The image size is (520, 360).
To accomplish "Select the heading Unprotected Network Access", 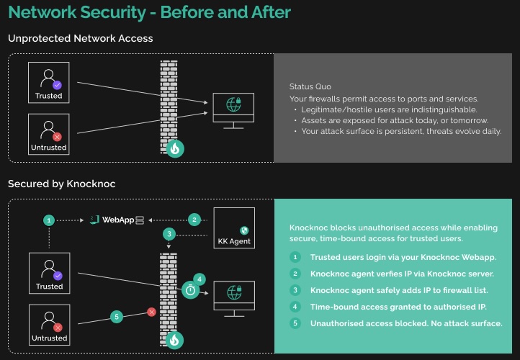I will pos(80,38).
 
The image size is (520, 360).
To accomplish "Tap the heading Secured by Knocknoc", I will pos(61,184).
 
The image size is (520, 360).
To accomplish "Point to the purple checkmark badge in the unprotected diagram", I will pos(58,84).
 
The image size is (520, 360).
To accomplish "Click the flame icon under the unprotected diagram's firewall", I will pos(174,148).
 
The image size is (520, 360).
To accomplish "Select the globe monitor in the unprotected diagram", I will pos(233,109).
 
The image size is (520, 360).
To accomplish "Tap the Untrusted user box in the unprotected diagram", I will pos(49,133).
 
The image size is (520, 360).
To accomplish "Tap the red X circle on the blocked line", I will pos(151,312).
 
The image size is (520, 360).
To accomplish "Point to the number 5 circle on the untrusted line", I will pos(115,316).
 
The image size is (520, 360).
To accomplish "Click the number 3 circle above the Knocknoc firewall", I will pos(169,234).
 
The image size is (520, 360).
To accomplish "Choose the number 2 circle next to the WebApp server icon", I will pos(193,219).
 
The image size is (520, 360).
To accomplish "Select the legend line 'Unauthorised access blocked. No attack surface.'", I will pos(406,323).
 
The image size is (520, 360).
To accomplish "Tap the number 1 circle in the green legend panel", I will pos(295,257).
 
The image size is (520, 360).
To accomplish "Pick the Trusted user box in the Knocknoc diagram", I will pos(49,272).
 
